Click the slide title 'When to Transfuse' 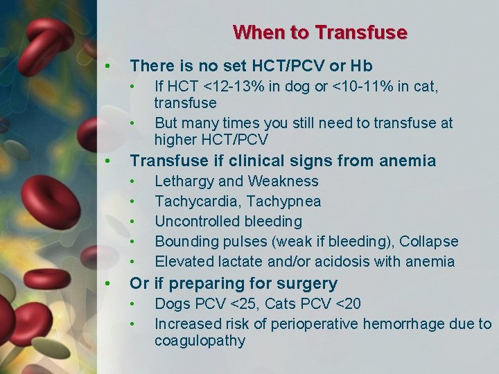pos(319,33)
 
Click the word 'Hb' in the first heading pos(362,66)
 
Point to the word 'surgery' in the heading pos(310,284)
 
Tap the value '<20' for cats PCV pos(347,304)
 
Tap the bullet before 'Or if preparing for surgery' pos(107,284)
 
